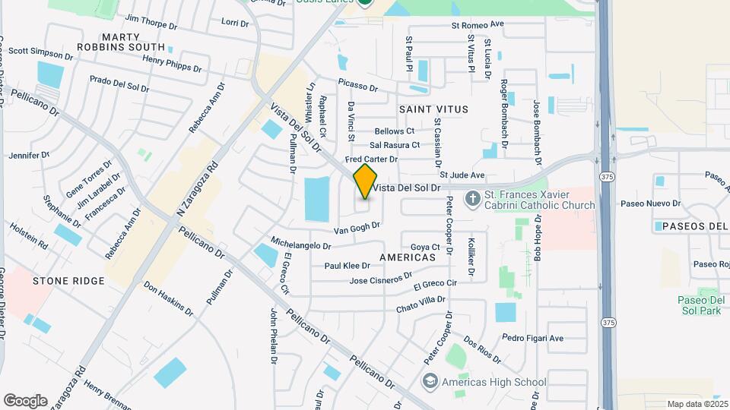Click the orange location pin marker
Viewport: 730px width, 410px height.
pyautogui.click(x=365, y=181)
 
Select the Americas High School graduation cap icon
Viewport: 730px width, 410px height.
pyautogui.click(x=430, y=381)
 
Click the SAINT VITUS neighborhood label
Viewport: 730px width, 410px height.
pyautogui.click(x=433, y=109)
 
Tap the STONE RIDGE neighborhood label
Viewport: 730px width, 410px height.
pyautogui.click(x=68, y=281)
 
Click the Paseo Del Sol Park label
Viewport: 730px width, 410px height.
pyautogui.click(x=698, y=305)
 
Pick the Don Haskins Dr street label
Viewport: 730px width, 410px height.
pyautogui.click(x=168, y=299)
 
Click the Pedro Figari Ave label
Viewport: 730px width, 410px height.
pyautogui.click(x=532, y=338)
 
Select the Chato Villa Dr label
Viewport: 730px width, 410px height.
pyautogui.click(x=421, y=308)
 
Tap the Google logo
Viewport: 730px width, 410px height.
pyautogui.click(x=25, y=400)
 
